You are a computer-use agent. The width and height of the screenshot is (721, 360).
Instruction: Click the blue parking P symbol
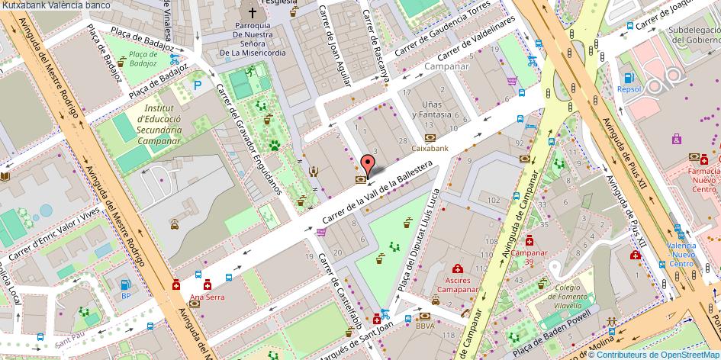pos(198,85)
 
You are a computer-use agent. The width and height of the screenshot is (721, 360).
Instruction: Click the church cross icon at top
pos(252,12)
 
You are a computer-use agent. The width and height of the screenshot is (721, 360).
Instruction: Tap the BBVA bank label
pos(425,326)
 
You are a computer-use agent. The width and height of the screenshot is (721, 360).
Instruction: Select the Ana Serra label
pos(207,297)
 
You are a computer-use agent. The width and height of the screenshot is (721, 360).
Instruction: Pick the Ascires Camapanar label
pos(457,284)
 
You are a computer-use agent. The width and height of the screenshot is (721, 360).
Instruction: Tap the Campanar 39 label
pos(529,257)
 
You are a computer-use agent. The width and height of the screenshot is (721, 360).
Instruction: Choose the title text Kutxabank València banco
pos(55,5)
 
